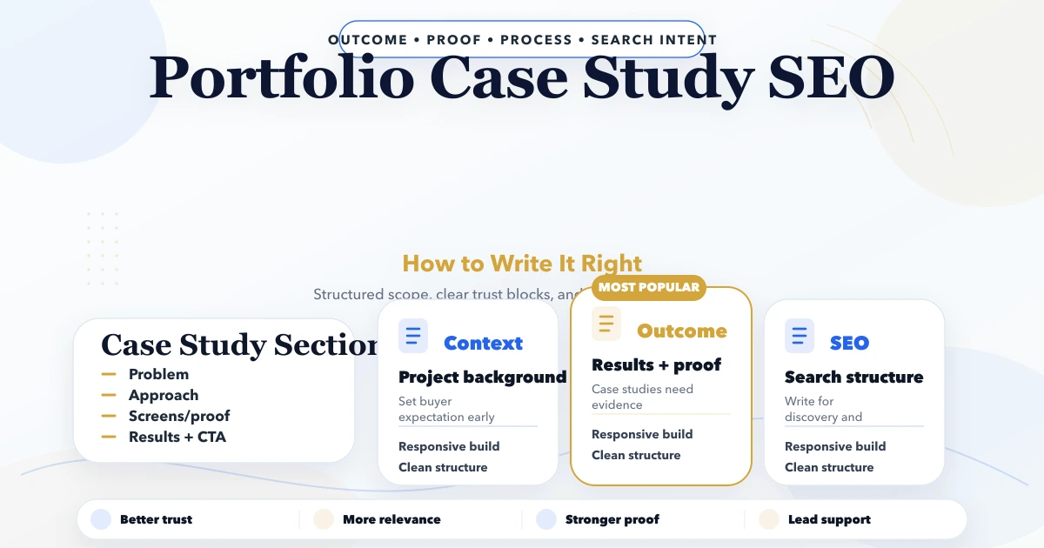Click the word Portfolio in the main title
coord(281,79)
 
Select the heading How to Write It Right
coord(522,264)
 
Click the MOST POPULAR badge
coord(648,287)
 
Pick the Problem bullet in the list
coord(158,375)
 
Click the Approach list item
coord(164,396)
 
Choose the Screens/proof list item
coord(179,417)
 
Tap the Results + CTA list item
coord(177,438)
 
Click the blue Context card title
coord(483,344)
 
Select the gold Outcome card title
coord(681,331)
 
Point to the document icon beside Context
coord(413,336)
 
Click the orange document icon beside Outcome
coord(606,324)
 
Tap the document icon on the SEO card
coord(800,336)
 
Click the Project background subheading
coord(482,378)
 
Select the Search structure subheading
coord(853,378)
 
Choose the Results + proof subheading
coord(656,365)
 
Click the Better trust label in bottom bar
coord(156,519)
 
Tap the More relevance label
coord(391,519)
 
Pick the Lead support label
coord(829,519)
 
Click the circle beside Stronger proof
coord(546,519)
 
